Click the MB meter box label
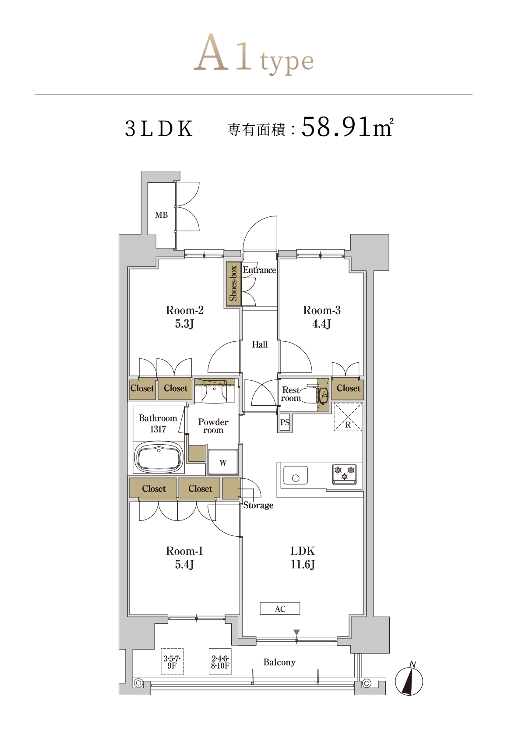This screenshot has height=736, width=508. tap(161, 215)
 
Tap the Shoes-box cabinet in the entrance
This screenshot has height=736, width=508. tap(233, 283)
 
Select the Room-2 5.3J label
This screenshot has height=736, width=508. tap(184, 317)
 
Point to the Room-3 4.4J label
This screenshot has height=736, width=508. tap(321, 317)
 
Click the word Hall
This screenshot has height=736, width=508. tap(259, 344)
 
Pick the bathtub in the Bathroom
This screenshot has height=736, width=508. tap(159, 458)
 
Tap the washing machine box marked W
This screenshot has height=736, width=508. tap(223, 462)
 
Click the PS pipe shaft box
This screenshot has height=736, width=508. tap(285, 422)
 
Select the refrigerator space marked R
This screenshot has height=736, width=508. tap(348, 417)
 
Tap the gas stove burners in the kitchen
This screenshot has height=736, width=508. tap(344, 474)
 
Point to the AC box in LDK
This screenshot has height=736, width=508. tap(280, 609)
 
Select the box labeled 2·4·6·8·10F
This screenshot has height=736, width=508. tap(220, 662)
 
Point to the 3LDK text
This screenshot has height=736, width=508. tap(159, 128)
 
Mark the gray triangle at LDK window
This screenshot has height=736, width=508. tap(296, 632)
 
